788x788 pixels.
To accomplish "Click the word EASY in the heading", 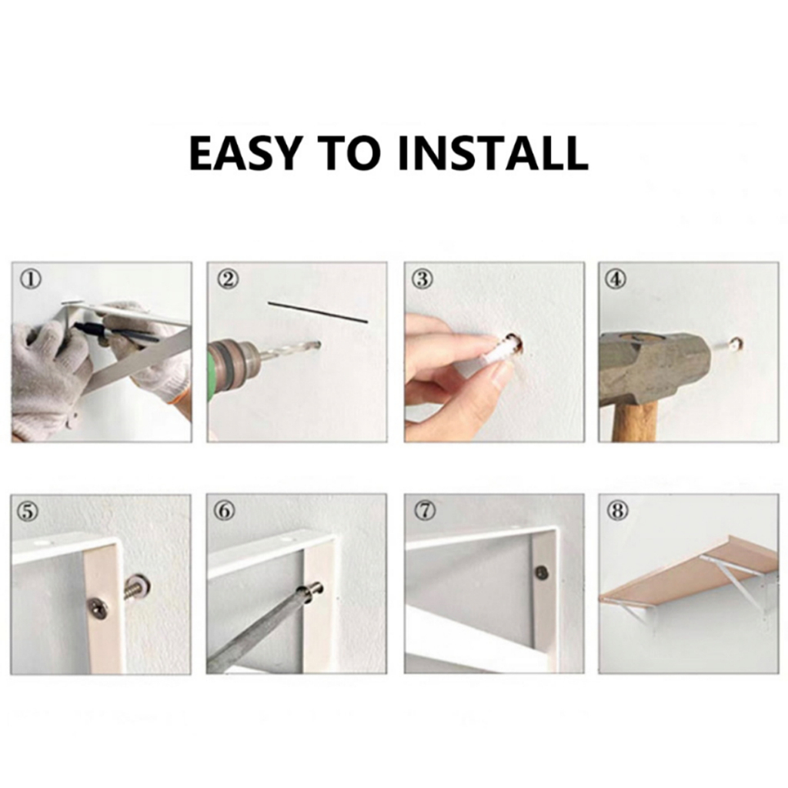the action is click(x=245, y=152).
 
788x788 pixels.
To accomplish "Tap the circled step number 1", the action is click(x=31, y=279).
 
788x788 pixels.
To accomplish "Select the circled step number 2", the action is click(x=228, y=279).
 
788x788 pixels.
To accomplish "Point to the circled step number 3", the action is click(x=423, y=279).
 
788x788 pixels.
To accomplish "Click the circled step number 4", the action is click(x=617, y=279).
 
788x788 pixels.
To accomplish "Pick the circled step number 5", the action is click(x=28, y=511).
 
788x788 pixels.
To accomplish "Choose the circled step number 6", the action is click(x=224, y=511).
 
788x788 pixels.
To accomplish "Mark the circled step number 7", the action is click(x=425, y=511).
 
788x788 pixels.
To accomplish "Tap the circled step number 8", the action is click(x=618, y=511).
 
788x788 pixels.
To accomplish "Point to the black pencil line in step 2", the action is click(x=318, y=312).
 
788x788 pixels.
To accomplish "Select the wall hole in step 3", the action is click(x=516, y=342).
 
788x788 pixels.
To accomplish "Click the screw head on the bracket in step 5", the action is click(x=98, y=609).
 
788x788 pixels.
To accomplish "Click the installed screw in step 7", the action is click(x=542, y=573).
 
